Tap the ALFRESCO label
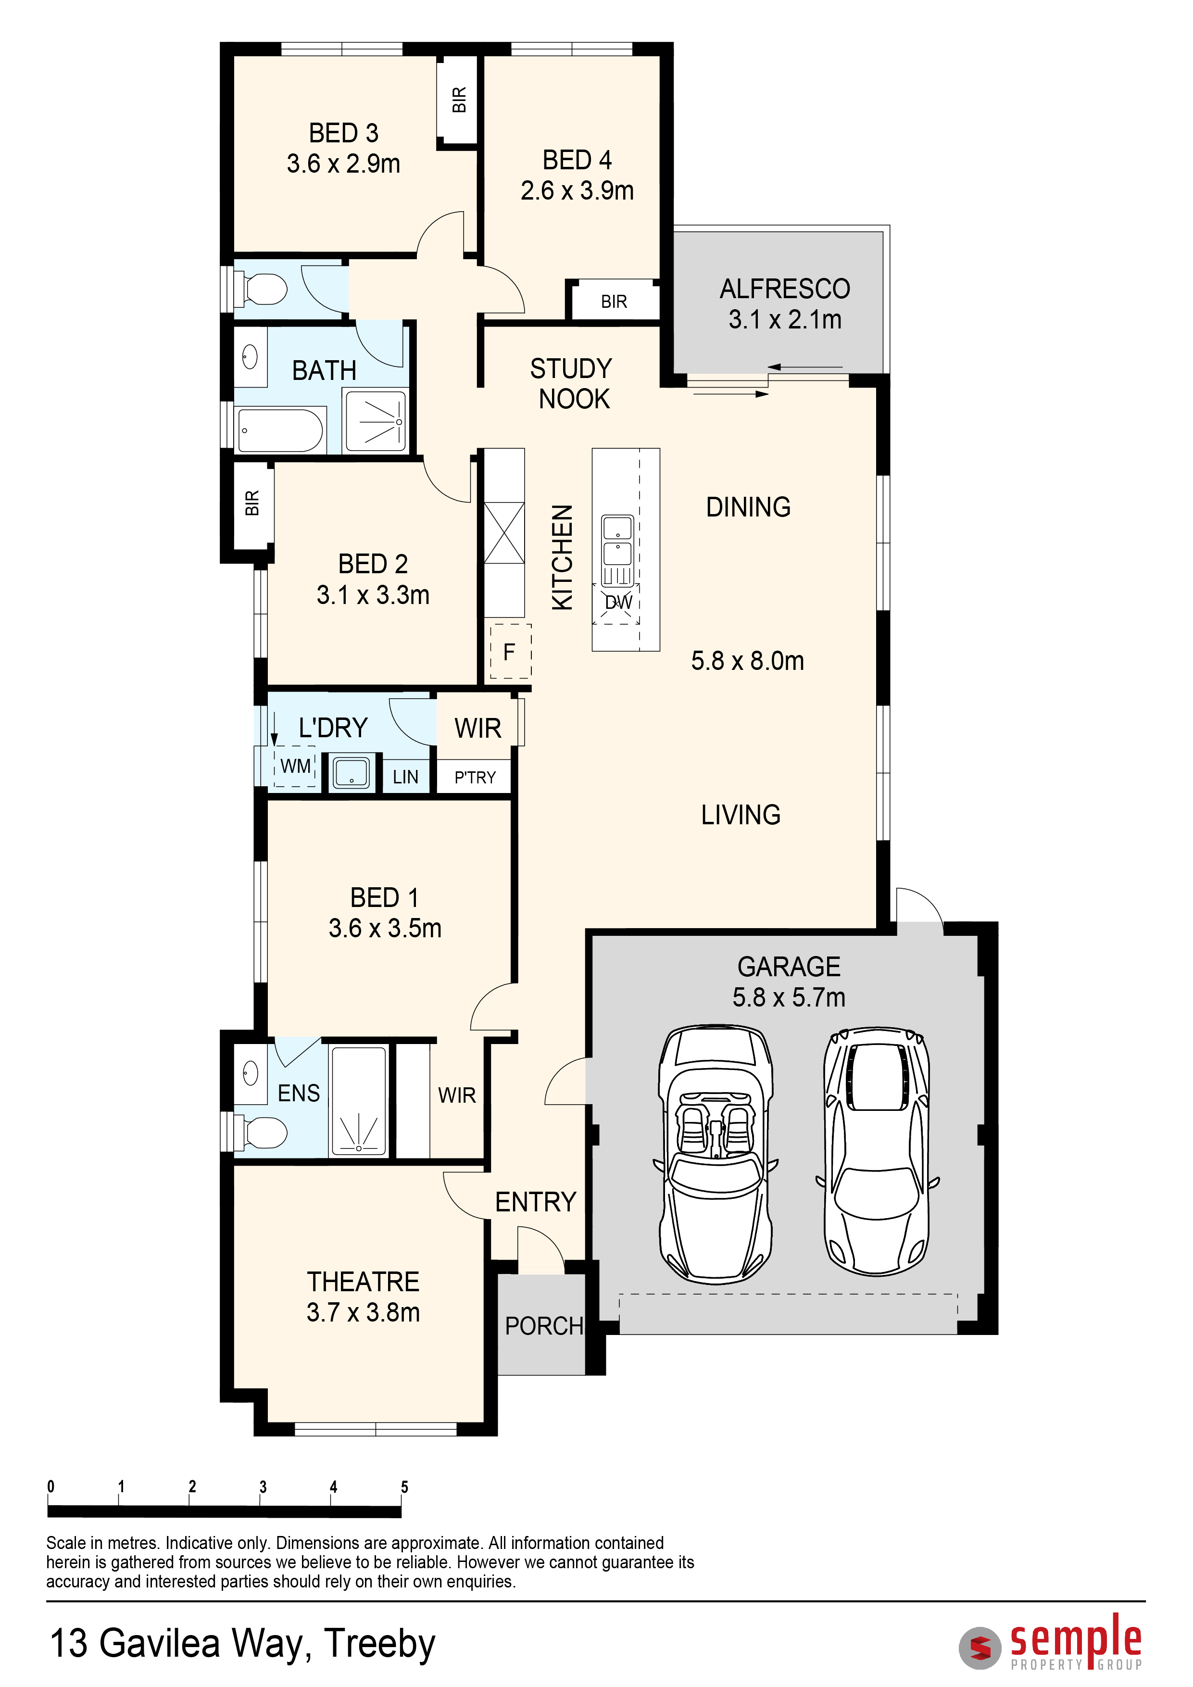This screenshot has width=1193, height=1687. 785,289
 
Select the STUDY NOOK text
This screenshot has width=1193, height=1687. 572,384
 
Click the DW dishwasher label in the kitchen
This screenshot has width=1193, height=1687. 618,603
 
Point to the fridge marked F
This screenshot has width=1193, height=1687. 510,652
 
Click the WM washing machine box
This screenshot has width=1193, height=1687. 295,767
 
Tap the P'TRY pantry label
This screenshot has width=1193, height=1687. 475,777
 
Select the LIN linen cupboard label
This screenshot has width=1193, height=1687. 405,777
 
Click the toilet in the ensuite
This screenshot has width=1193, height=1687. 260,1132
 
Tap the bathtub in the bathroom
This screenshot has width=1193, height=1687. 281,430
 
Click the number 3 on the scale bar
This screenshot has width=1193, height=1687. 263,1486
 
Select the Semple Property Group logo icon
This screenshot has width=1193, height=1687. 980,1648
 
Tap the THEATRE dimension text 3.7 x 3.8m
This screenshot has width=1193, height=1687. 363,1312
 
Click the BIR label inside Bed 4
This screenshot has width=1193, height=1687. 614,302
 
